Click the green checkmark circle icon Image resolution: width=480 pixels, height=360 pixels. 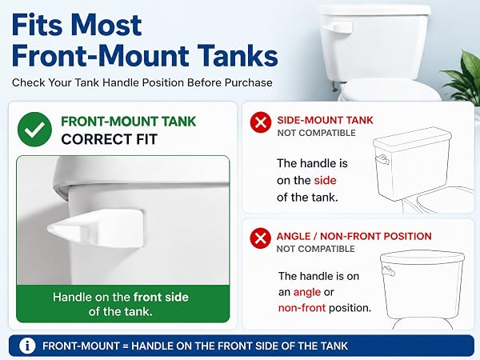[34, 130]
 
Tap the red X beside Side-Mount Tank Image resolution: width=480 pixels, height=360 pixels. [261, 122]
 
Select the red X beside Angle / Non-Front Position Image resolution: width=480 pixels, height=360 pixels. [260, 238]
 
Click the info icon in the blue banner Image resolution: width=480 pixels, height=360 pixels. [27, 346]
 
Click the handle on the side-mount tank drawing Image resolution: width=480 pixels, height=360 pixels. [382, 159]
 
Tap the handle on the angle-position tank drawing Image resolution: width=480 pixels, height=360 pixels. [388, 271]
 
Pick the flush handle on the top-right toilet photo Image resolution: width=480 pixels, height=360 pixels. [338, 27]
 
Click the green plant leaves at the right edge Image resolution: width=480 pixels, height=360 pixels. [465, 78]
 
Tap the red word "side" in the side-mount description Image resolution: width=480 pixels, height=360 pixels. [325, 180]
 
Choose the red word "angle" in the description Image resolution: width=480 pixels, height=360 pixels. [307, 292]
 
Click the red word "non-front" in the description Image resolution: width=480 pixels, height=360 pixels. [302, 308]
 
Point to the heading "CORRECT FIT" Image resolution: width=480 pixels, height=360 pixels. [109, 139]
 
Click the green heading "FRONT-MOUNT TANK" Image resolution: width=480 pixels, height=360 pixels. [128, 122]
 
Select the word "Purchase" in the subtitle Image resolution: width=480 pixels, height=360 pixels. [248, 82]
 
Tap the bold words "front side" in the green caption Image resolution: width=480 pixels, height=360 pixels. [161, 297]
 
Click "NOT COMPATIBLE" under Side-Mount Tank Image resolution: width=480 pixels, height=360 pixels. [316, 133]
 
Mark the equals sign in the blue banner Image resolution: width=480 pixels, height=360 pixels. [125, 346]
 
